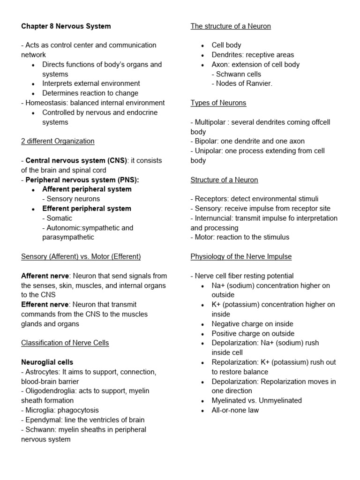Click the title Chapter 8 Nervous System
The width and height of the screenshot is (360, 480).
(x=66, y=26)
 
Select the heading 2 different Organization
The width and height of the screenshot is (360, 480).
(x=58, y=141)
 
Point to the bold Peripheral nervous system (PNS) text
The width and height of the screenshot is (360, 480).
(x=82, y=180)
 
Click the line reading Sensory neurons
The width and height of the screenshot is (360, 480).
(x=71, y=199)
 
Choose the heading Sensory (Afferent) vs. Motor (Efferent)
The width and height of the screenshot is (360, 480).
(x=81, y=256)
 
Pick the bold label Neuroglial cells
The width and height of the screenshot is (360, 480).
(x=47, y=362)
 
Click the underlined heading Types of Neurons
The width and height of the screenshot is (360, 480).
(x=218, y=103)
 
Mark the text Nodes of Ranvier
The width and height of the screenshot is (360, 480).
(x=241, y=83)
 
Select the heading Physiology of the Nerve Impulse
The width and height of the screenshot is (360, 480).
(x=241, y=256)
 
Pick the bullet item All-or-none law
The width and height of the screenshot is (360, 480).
(x=235, y=410)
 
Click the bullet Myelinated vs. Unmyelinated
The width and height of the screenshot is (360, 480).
(x=256, y=400)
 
